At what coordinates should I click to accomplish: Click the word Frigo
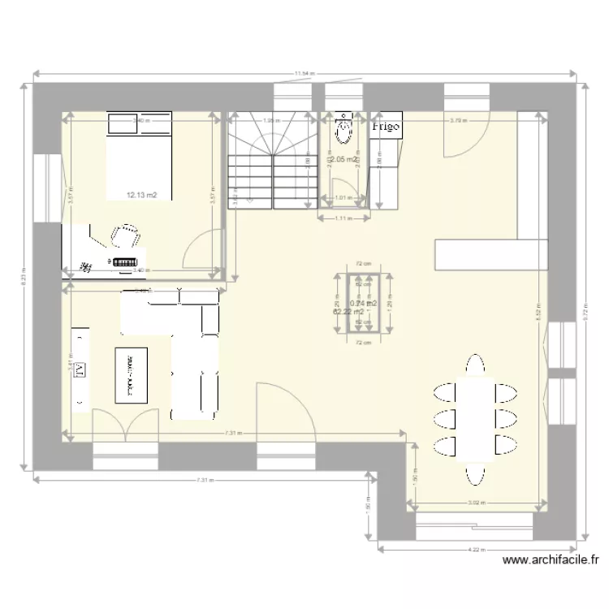pyautogui.click(x=387, y=126)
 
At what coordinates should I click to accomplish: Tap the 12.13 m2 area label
pyautogui.click(x=141, y=195)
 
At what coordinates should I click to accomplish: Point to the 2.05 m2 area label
pyautogui.click(x=344, y=160)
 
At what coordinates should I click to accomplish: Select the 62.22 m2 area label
pyautogui.click(x=348, y=312)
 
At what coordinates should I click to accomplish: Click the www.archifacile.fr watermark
pyautogui.click(x=551, y=559)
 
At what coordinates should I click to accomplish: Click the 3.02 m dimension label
pyautogui.click(x=477, y=503)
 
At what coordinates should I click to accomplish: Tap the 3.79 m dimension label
pyautogui.click(x=458, y=121)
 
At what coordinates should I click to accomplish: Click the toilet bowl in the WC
pyautogui.click(x=344, y=130)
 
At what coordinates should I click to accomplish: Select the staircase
pyautogui.click(x=273, y=161)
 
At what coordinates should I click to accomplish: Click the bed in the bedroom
pyautogui.click(x=139, y=156)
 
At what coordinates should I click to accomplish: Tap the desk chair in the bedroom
pyautogui.click(x=126, y=235)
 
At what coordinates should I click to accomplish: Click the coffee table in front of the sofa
pyautogui.click(x=132, y=375)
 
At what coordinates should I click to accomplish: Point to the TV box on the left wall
pyautogui.click(x=80, y=370)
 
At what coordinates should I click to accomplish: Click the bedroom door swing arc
pyautogui.click(x=203, y=248)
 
